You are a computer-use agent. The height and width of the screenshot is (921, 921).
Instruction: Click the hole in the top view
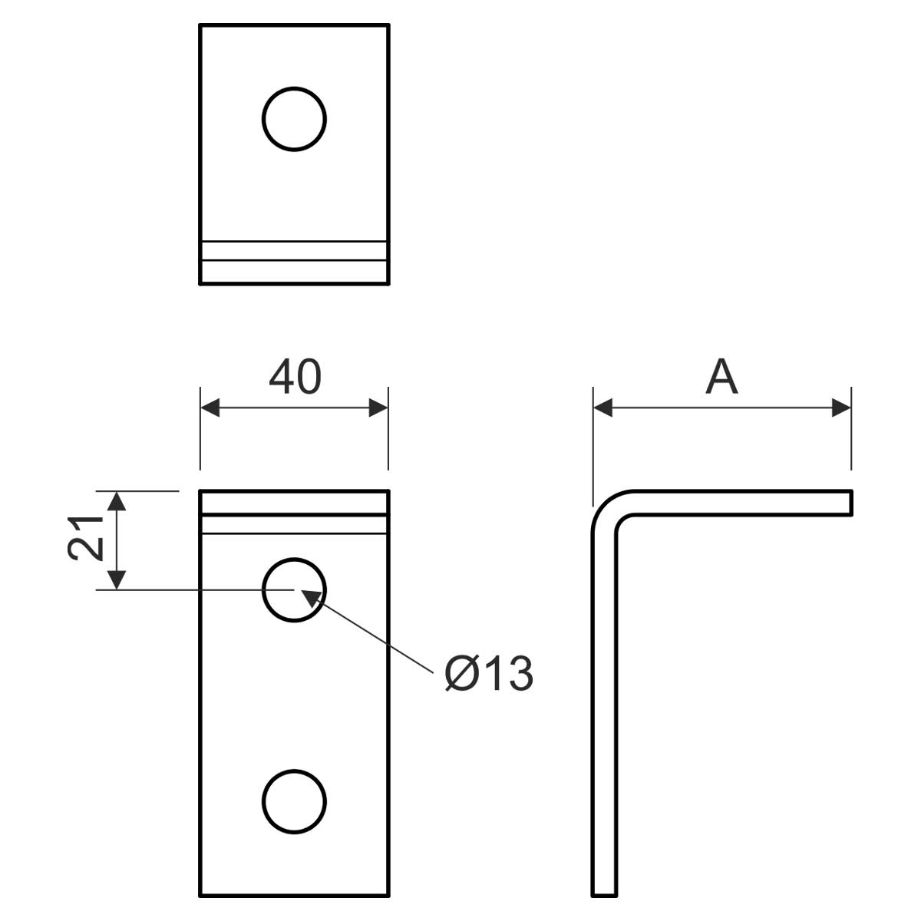tap(294, 119)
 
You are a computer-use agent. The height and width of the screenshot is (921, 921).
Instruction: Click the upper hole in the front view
tap(294, 589)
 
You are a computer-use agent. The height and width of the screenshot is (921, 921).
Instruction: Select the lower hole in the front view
tap(294, 801)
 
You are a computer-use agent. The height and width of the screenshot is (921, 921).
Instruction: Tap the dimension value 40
tap(295, 377)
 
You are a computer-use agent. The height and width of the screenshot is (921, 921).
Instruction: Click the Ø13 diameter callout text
tap(488, 674)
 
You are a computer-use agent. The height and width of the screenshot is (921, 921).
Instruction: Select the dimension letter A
tap(721, 377)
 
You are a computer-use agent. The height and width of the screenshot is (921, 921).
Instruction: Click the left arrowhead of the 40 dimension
tap(210, 408)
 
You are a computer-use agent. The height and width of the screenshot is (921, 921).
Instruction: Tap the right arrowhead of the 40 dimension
tap(378, 408)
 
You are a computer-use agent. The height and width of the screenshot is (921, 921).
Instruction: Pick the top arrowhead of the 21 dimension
tap(116, 501)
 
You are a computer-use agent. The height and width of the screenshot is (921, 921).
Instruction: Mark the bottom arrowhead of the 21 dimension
tap(116, 579)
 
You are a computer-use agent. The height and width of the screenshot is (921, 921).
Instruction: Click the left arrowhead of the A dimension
tap(603, 408)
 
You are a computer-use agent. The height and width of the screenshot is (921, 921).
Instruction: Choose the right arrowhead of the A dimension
tap(841, 408)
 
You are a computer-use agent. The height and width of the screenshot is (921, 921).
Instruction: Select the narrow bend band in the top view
tap(294, 251)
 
